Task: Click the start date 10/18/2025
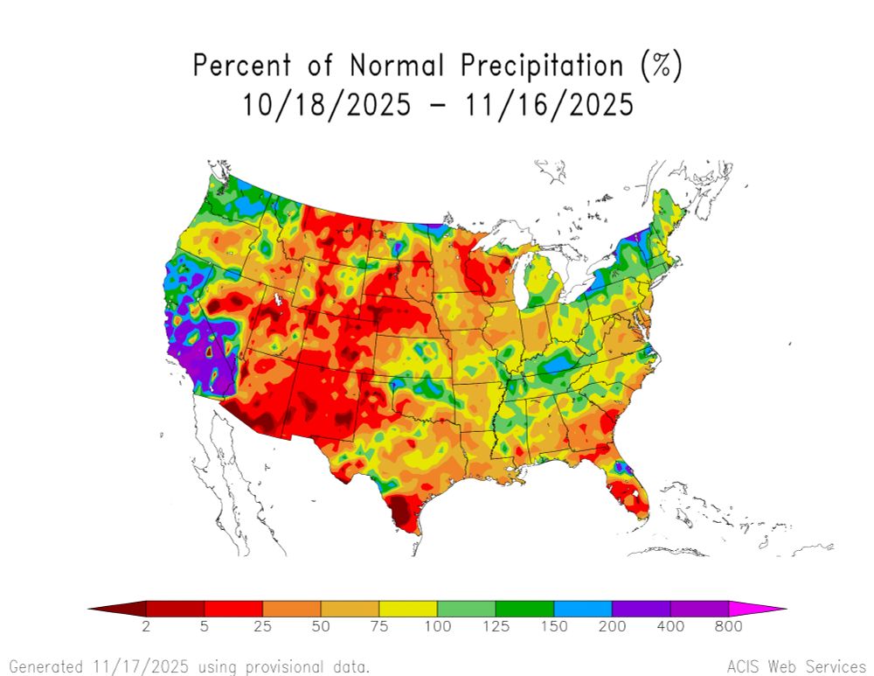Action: [326, 105]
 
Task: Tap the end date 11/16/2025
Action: [547, 105]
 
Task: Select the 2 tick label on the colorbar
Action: [146, 627]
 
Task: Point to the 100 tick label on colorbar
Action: [437, 627]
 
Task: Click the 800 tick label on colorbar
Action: [728, 627]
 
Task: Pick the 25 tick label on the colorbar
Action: [262, 627]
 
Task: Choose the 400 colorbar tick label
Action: [670, 627]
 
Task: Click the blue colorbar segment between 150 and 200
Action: [583, 609]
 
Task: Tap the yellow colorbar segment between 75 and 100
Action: [408, 609]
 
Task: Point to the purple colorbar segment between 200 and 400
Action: [641, 609]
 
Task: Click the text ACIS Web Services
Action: [795, 666]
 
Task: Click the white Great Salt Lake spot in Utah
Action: [279, 300]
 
